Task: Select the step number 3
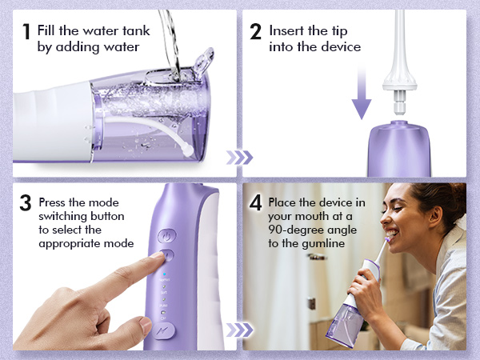26,203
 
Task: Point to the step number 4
256,203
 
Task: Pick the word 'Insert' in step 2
286,31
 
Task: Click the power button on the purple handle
166,236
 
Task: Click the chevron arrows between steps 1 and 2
240,157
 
